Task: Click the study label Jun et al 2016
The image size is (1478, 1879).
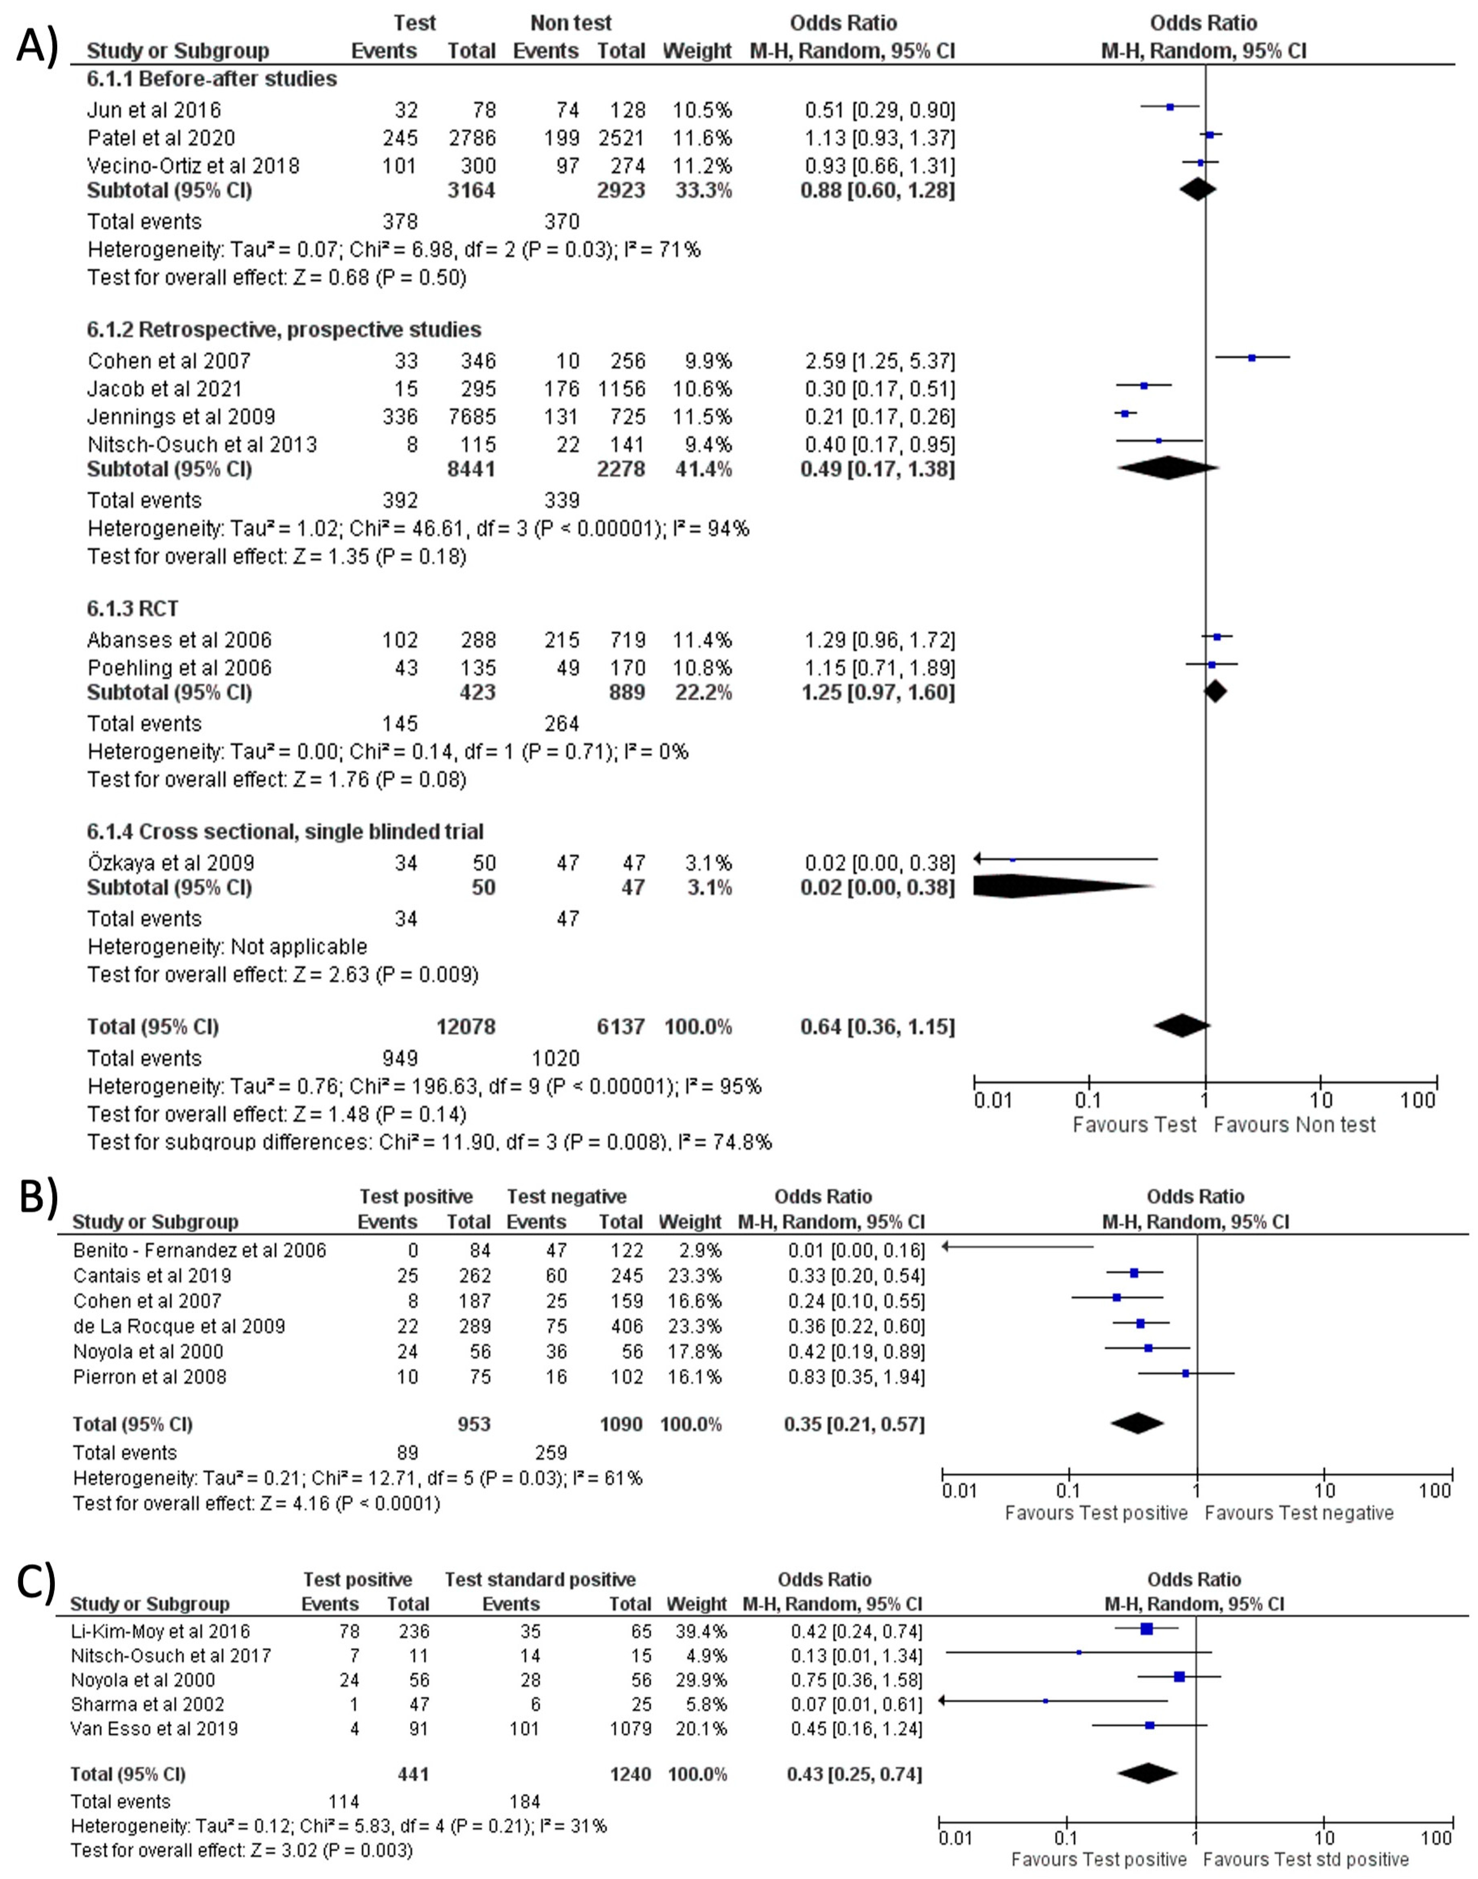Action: click(x=154, y=110)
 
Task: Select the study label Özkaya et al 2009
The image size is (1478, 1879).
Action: click(x=171, y=863)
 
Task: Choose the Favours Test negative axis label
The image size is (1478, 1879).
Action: click(x=1299, y=1513)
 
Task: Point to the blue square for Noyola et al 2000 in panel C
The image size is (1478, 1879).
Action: click(x=1178, y=1676)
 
